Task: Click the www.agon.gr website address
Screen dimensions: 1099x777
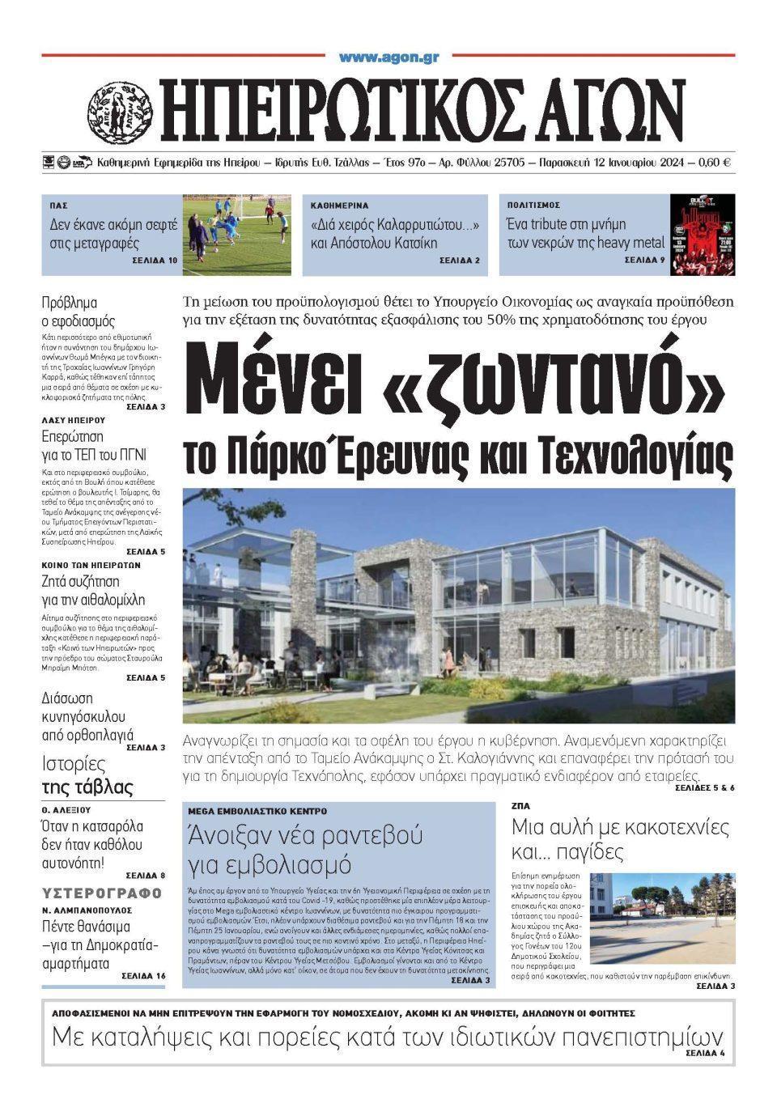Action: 388,58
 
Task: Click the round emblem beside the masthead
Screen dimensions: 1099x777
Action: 120,109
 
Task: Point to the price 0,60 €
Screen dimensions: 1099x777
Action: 715,163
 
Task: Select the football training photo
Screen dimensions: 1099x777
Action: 236,235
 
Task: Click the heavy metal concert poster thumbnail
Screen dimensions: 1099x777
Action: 703,235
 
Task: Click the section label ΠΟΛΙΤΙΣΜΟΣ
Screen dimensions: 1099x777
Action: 533,206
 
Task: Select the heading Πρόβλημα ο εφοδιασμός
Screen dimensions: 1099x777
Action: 79,312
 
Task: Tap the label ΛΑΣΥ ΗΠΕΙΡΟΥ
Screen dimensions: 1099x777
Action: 74,420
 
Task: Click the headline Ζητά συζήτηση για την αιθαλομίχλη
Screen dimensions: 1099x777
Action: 93,590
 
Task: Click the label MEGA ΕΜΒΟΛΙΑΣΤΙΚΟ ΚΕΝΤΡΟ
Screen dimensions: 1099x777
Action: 257,810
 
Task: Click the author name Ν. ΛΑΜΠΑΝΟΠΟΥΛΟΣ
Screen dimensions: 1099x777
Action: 87,910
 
